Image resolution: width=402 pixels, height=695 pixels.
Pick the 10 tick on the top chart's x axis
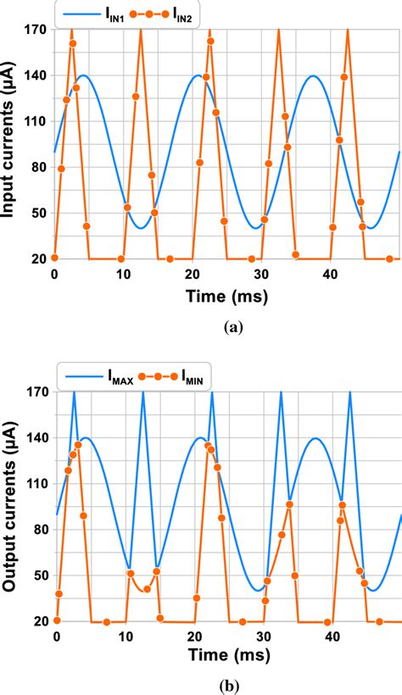pos(124,274)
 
